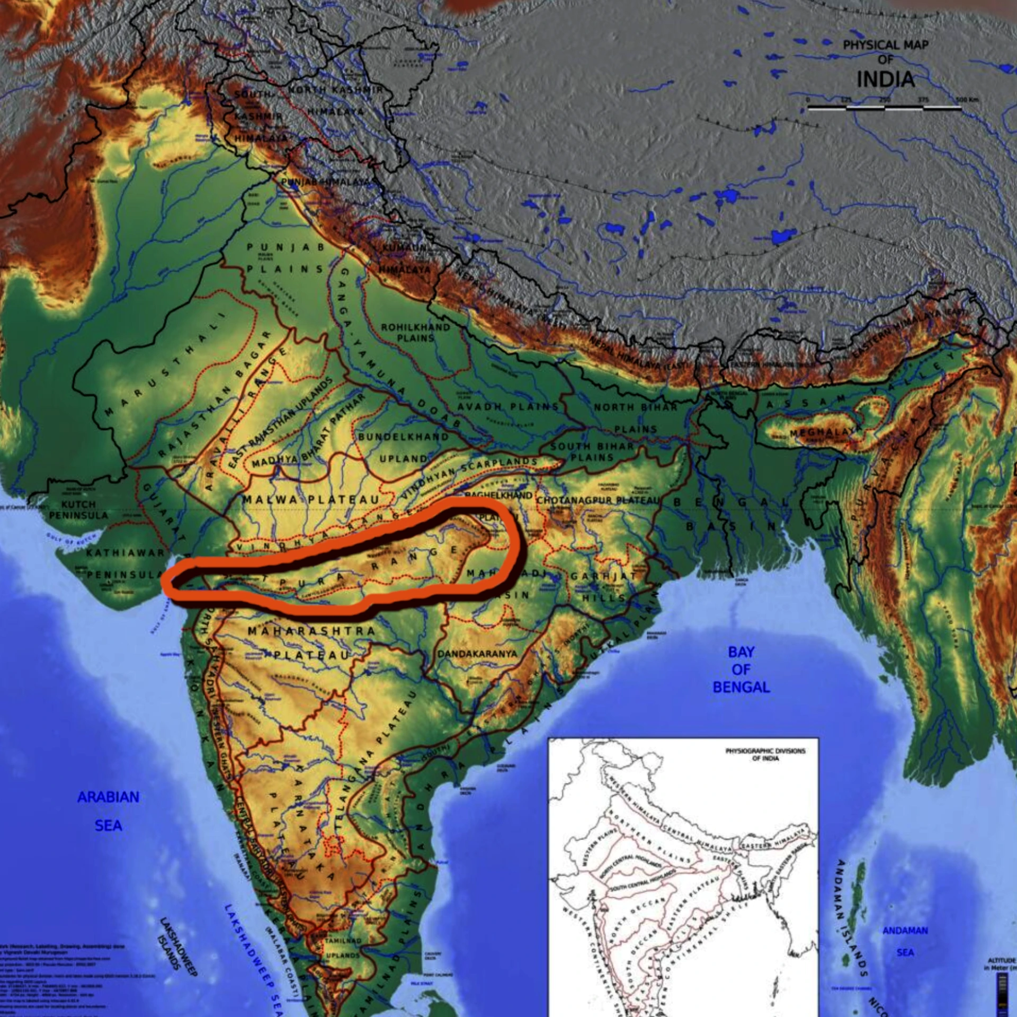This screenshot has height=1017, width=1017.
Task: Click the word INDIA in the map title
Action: [885, 79]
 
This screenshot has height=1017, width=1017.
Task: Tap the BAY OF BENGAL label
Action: [741, 670]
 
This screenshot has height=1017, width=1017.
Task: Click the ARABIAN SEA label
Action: [109, 811]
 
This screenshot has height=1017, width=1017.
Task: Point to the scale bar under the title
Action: [885, 108]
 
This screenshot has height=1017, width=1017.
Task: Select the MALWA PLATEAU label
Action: [311, 499]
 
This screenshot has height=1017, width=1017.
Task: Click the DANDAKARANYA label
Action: [477, 654]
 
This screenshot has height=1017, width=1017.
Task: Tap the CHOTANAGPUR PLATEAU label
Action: [599, 500]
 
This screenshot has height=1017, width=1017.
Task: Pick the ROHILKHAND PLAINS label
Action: [416, 332]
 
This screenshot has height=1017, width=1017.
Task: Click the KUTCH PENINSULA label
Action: [78, 510]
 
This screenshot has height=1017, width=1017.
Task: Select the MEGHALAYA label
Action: [823, 432]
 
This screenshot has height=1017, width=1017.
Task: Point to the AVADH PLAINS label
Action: [507, 407]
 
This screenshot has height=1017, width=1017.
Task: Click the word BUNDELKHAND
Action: [403, 437]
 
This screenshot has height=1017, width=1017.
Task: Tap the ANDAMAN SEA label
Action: [905, 941]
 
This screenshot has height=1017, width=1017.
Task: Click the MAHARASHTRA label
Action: [311, 631]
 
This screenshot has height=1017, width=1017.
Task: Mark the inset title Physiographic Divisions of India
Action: [765, 754]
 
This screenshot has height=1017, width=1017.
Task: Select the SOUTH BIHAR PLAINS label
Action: [592, 451]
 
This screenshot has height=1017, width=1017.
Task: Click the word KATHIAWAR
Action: [126, 553]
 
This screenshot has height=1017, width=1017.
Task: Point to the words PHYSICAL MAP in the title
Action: [886, 45]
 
